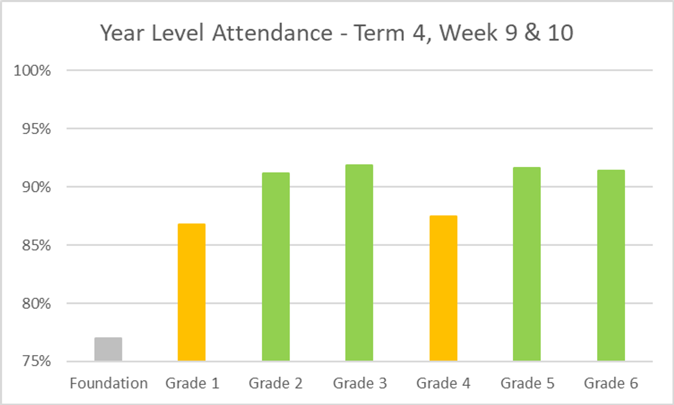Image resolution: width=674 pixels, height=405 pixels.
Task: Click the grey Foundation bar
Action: point(108,349)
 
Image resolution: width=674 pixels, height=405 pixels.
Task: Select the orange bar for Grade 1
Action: point(192,292)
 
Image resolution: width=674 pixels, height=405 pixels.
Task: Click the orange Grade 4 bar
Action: point(443,288)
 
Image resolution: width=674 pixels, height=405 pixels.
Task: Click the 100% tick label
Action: point(36,71)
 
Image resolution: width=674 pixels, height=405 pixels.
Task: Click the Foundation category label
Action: point(108,384)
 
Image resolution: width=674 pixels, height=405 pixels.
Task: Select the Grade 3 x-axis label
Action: point(359,384)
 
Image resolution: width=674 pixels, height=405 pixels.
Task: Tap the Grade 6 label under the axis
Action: point(611,384)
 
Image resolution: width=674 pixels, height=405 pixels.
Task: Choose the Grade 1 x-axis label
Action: point(192,384)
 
